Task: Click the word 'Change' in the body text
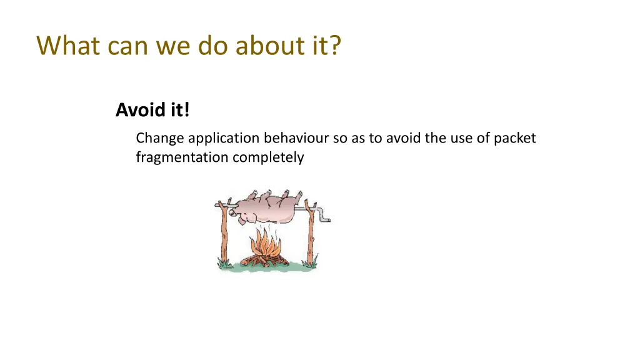[160, 138]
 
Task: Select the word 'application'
[224, 138]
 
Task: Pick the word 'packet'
[515, 138]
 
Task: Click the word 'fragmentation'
[182, 157]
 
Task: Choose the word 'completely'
[268, 157]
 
